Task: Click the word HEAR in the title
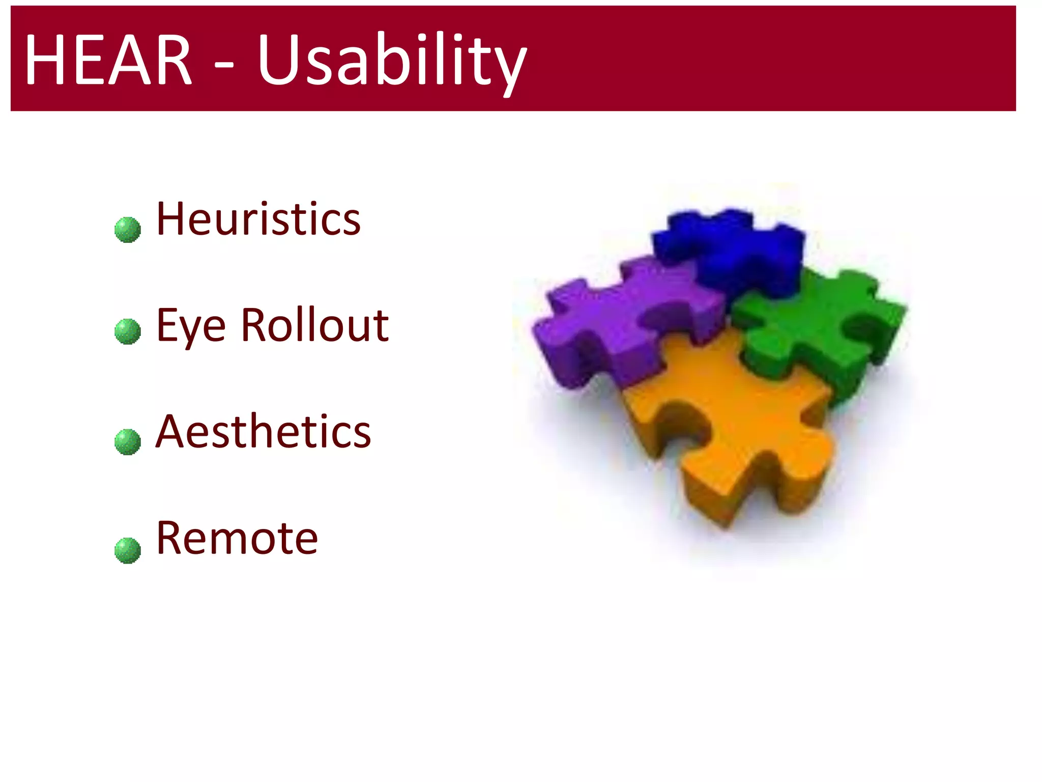(108, 60)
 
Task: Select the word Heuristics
(258, 219)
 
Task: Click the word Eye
(190, 326)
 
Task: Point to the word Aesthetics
(263, 432)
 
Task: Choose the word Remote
(237, 538)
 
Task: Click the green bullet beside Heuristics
(127, 230)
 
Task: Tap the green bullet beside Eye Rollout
(127, 331)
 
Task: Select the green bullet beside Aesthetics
(127, 441)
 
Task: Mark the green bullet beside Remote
(127, 550)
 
